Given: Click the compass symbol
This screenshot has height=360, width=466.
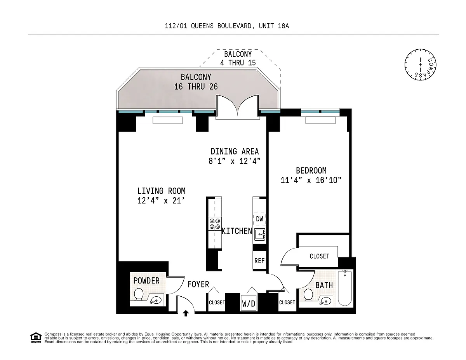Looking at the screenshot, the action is pyautogui.click(x=420, y=64).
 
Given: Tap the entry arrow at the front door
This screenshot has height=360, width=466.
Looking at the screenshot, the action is pyautogui.click(x=186, y=313).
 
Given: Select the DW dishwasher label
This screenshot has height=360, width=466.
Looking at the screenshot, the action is pyautogui.click(x=259, y=219).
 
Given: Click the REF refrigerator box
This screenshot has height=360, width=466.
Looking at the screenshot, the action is pyautogui.click(x=259, y=260).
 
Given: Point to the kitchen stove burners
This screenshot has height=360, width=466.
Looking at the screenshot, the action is pyautogui.click(x=215, y=224).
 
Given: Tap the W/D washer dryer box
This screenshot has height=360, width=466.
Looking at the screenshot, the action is pyautogui.click(x=249, y=303).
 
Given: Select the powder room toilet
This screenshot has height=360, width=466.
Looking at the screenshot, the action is pyautogui.click(x=139, y=294).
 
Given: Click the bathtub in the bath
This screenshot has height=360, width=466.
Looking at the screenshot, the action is pyautogui.click(x=345, y=288).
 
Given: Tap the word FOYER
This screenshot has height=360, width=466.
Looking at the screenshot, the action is pyautogui.click(x=198, y=284).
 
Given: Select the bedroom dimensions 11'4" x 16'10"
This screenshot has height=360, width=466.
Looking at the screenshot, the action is pyautogui.click(x=311, y=180).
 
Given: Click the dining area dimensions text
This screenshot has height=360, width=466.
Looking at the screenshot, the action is pyautogui.click(x=235, y=161).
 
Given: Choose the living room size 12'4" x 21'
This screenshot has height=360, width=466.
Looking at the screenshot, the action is pyautogui.click(x=161, y=201).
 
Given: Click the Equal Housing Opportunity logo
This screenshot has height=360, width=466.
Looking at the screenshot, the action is pyautogui.click(x=36, y=338).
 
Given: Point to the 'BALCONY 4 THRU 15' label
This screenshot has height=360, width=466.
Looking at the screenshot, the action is pyautogui.click(x=238, y=58).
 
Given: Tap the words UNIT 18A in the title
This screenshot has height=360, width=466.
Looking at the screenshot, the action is pyautogui.click(x=274, y=26).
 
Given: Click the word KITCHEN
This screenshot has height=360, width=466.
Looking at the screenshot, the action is pyautogui.click(x=237, y=231).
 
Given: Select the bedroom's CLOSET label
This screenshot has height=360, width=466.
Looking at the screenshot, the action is pyautogui.click(x=319, y=256).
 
